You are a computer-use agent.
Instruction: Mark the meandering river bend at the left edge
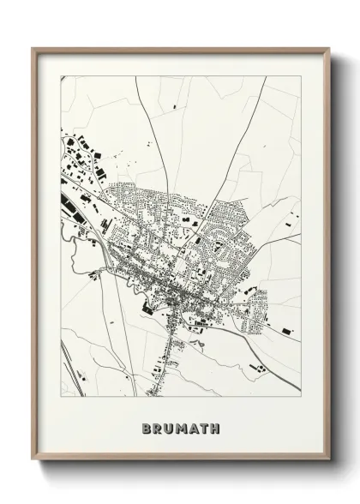72,249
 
